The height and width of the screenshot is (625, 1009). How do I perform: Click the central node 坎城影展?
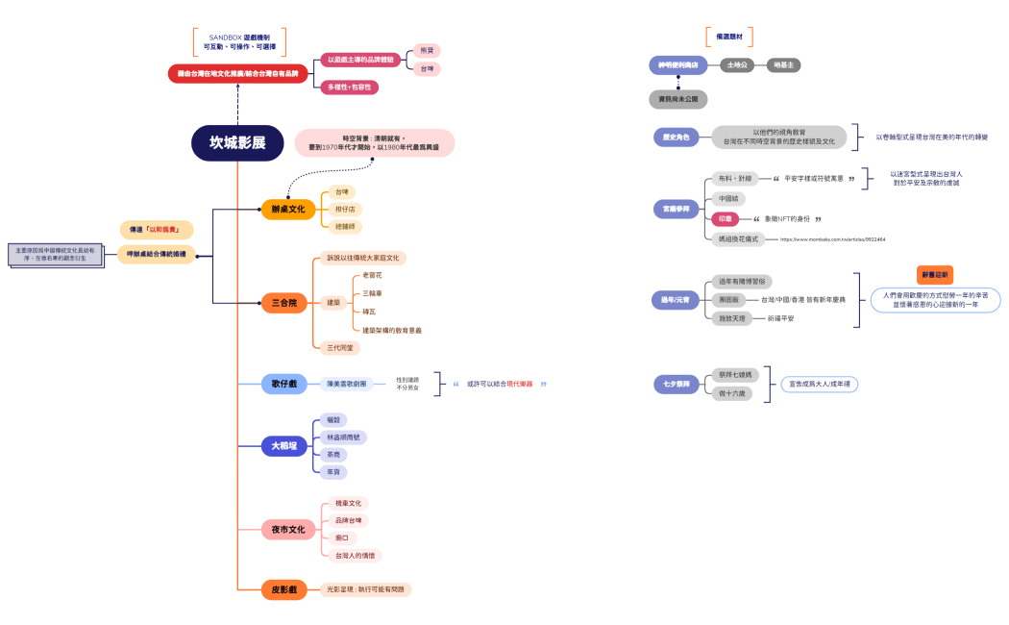237,143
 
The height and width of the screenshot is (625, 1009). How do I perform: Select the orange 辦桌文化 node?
287,209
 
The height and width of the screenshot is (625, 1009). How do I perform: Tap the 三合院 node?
283,303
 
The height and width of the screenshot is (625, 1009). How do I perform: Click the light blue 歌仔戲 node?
284,384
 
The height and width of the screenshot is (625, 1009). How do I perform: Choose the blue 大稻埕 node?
284,446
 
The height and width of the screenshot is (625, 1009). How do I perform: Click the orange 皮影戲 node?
284,589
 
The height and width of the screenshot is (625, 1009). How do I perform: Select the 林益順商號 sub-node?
346,437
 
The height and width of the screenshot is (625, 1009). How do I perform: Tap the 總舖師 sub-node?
345,226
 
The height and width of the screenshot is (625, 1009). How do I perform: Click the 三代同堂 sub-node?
339,346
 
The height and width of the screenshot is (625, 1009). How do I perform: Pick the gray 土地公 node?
737,65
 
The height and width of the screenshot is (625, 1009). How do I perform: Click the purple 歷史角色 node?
676,137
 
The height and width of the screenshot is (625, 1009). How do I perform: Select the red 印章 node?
726,219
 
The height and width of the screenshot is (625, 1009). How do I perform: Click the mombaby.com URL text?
832,239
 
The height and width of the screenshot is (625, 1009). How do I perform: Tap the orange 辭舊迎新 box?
935,275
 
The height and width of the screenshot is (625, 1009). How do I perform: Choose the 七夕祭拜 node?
677,384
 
